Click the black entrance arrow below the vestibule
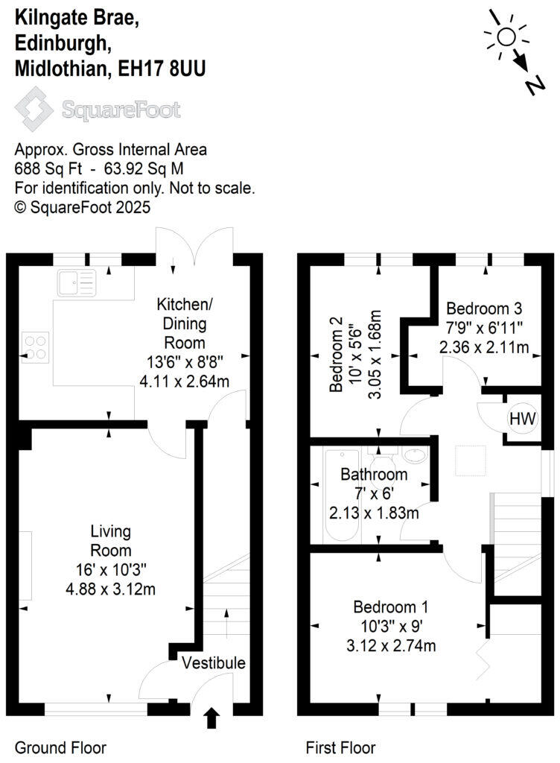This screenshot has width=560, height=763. point(212,718)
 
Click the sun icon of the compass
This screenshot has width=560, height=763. point(506,37)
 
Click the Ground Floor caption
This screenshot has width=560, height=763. point(60,747)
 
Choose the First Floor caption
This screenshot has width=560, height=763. point(341,747)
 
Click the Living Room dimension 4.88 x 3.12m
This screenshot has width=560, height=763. point(111,589)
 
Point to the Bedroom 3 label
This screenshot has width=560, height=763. point(483,308)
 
